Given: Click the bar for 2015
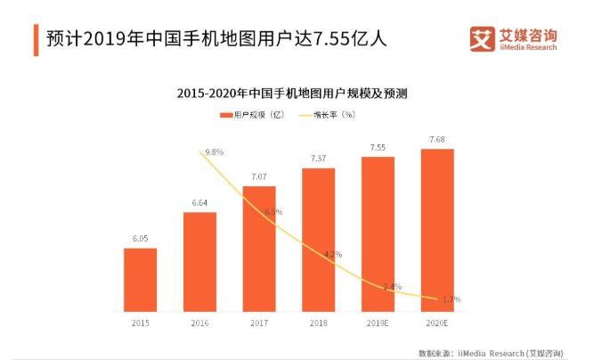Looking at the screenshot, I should point(141,281).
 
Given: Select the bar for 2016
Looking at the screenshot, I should point(199,263).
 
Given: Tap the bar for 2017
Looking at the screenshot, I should point(259,250).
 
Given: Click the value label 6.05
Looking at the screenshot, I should point(141,240).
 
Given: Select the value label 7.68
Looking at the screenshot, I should point(437,140).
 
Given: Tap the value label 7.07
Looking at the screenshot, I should point(259,177).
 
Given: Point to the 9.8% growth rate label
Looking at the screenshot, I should point(214,152).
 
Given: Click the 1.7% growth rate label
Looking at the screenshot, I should point(452,299).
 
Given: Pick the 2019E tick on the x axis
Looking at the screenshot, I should point(378,324).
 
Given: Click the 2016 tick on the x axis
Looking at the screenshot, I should point(199,324).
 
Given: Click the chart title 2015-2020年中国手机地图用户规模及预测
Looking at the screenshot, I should point(297,93).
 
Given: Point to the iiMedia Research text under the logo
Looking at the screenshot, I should point(526,48).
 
